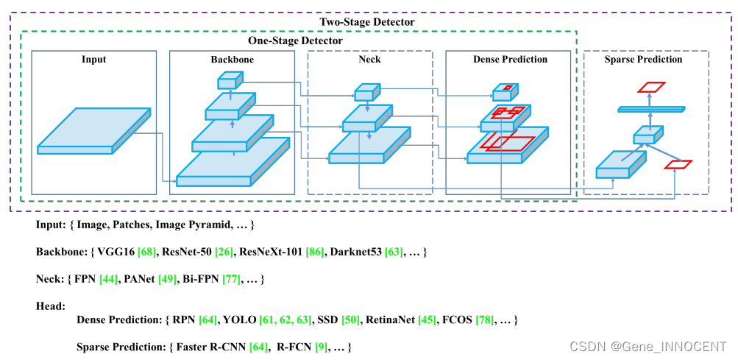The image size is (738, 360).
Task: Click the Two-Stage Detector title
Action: [x=367, y=21]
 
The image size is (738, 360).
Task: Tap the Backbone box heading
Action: [x=232, y=60]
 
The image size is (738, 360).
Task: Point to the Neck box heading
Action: [x=369, y=60]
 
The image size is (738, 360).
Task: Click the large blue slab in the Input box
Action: [x=94, y=131]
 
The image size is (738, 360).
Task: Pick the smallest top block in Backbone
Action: [x=230, y=80]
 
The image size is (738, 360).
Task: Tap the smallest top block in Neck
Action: [x=367, y=92]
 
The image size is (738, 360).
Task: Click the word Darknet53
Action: [x=356, y=252]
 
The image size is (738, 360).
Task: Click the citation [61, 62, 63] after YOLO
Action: [x=285, y=320]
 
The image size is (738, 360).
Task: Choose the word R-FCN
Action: [x=292, y=348]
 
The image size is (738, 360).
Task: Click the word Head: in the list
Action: [x=50, y=307]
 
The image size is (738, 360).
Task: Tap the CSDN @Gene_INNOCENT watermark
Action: [x=648, y=347]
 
